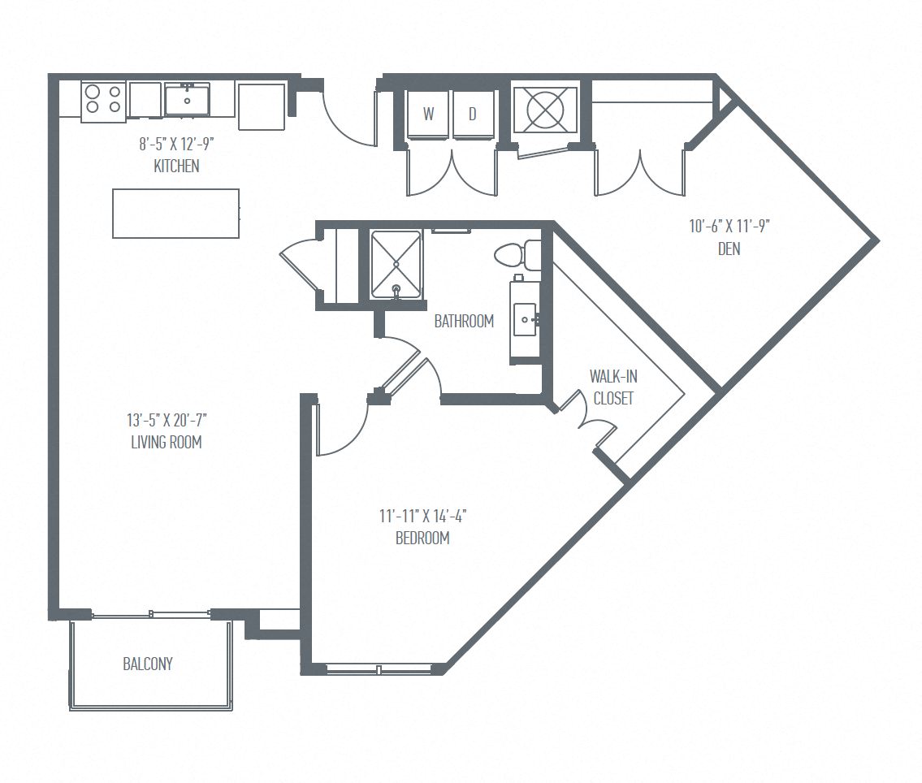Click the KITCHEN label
pos(176,167)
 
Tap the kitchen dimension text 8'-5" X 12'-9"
pos(176,145)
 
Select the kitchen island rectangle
pos(175,214)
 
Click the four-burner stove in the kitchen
pos(103,99)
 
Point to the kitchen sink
pos(187,100)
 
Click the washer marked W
pos(427,114)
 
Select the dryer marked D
pos(472,114)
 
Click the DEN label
pos(729,249)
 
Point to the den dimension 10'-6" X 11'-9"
pos(729,227)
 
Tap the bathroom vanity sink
pos(526,319)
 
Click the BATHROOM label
pos(464,322)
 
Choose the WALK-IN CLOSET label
pos(613,387)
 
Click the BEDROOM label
pos(422,538)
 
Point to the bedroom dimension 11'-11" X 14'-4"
pos(422,516)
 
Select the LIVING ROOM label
pos(166,443)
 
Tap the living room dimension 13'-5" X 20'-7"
pos(166,421)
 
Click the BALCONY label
pos(148,664)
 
